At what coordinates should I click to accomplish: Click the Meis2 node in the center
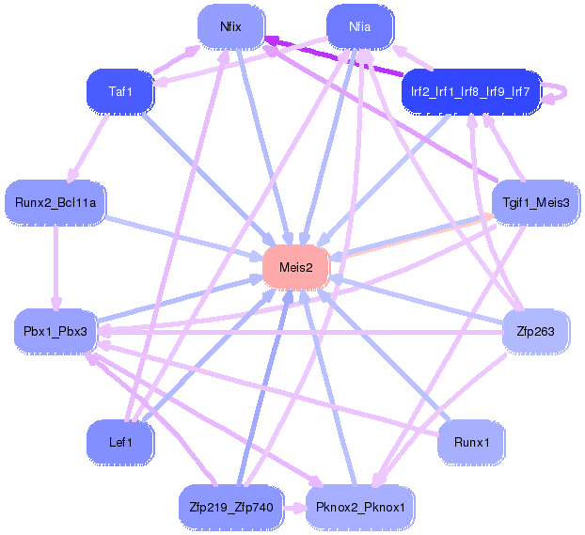tap(296, 267)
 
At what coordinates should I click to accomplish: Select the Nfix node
tap(231, 27)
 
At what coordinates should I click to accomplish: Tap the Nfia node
tap(359, 27)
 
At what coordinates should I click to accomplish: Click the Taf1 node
tap(120, 91)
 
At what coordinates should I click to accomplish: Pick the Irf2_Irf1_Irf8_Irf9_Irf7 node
tap(471, 91)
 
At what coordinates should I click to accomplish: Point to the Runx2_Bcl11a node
tap(55, 202)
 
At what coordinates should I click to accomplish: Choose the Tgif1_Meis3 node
tap(536, 202)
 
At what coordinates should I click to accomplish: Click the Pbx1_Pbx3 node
tap(55, 331)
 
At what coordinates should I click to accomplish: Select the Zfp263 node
tap(536, 331)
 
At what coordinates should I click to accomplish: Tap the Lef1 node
tap(120, 443)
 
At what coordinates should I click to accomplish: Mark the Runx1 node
tap(471, 443)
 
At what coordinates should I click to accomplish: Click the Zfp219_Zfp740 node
tap(231, 508)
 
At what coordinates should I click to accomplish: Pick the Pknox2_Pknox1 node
tap(359, 508)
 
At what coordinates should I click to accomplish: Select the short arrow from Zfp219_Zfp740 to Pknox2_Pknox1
tap(294, 508)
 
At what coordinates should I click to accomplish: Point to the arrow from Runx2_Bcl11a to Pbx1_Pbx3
tap(56, 267)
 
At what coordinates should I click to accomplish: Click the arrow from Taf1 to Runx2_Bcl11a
tap(88, 148)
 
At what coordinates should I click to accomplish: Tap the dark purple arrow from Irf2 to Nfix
tap(333, 55)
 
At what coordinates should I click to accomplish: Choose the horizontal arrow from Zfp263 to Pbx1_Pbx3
tap(300, 331)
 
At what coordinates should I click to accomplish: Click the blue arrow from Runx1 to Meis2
tap(385, 355)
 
